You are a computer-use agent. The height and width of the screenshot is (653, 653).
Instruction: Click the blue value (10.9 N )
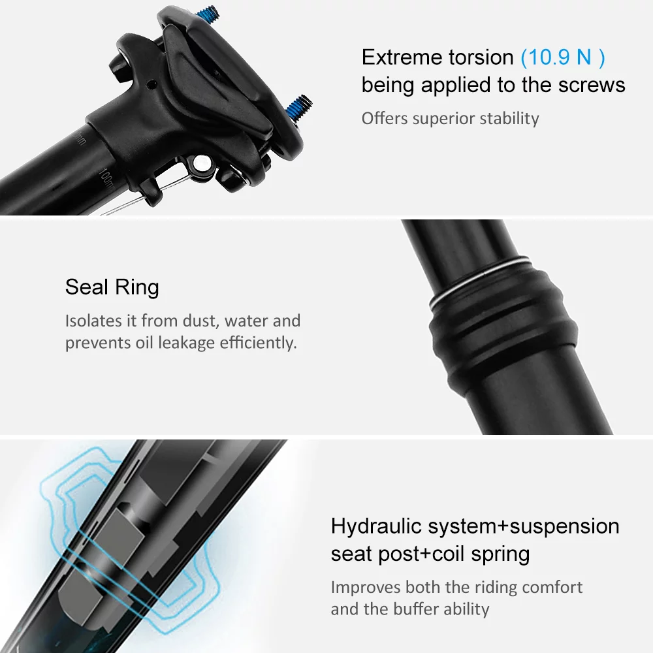point(563,57)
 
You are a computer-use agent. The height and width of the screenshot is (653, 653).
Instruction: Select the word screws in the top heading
point(588,85)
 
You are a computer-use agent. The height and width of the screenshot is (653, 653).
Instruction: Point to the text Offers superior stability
point(450,118)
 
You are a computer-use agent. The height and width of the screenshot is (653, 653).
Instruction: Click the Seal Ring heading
point(112,287)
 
